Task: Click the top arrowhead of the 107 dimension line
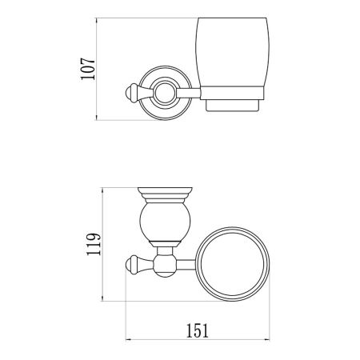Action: click(98, 20)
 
